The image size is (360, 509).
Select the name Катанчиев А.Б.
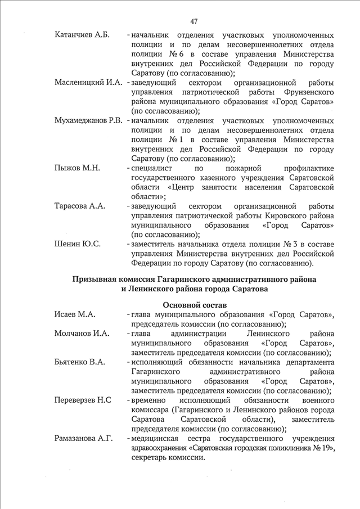(x=82, y=35)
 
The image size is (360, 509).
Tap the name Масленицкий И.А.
(x=88, y=83)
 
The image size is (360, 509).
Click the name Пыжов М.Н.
(x=76, y=169)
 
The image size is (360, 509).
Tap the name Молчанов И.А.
(x=82, y=334)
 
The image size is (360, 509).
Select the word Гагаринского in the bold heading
(x=193, y=279)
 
